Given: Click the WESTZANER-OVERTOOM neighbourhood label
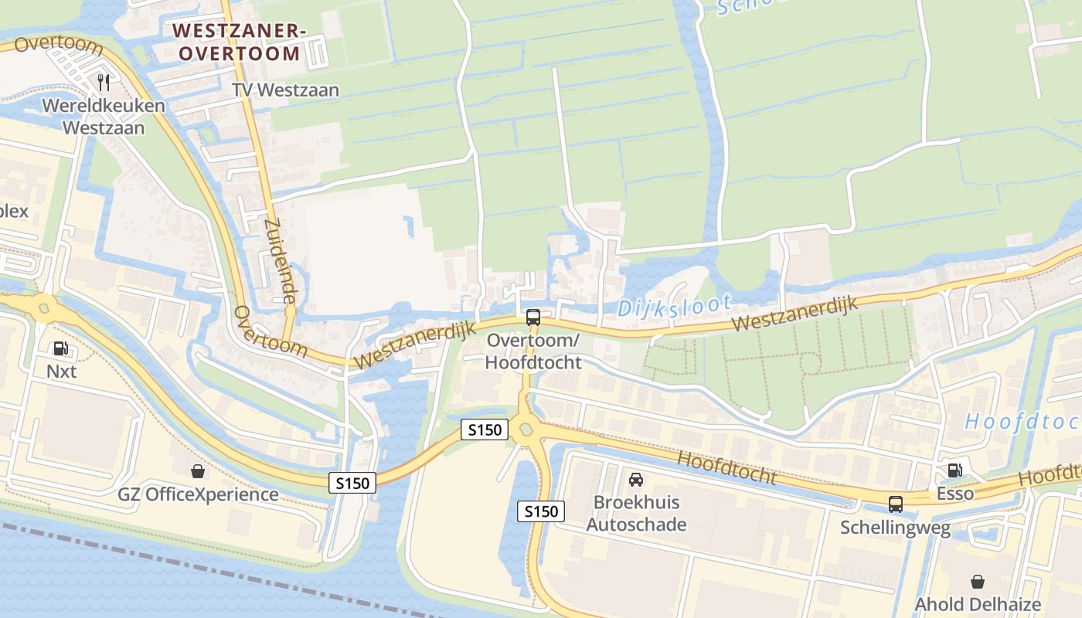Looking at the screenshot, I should tap(236, 42).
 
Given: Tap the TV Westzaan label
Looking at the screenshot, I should tap(286, 90).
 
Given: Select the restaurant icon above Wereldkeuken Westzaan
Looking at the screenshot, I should tap(104, 81).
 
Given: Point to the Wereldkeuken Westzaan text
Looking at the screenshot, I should tap(104, 116).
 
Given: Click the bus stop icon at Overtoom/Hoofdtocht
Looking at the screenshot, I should tap(533, 317).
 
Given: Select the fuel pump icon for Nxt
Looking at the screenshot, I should tap(61, 349).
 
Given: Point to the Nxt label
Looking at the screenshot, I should tap(62, 372).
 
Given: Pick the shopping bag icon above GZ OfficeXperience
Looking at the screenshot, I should tap(198, 470).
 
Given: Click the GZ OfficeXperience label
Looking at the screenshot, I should tap(198, 494).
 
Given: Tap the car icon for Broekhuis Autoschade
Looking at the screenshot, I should tap(636, 479).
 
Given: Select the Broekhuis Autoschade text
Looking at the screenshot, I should tap(636, 514).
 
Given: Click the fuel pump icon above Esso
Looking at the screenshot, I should tap(955, 470).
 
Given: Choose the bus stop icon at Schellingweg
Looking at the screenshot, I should tap(895, 504).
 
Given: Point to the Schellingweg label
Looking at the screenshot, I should tap(895, 528).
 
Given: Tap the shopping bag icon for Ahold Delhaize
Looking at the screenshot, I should tap(978, 581).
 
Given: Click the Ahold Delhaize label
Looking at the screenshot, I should tap(978, 604).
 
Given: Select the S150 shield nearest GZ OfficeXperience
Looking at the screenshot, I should tap(352, 483).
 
